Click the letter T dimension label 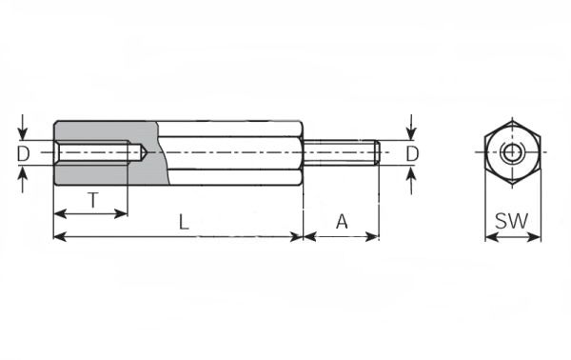click(x=93, y=200)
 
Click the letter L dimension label click(x=184, y=222)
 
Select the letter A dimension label click(x=342, y=222)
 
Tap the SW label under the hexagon click(x=511, y=221)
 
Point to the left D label click(x=23, y=153)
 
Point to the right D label click(x=412, y=153)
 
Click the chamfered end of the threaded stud click(x=378, y=152)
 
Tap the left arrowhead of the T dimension click(x=60, y=213)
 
